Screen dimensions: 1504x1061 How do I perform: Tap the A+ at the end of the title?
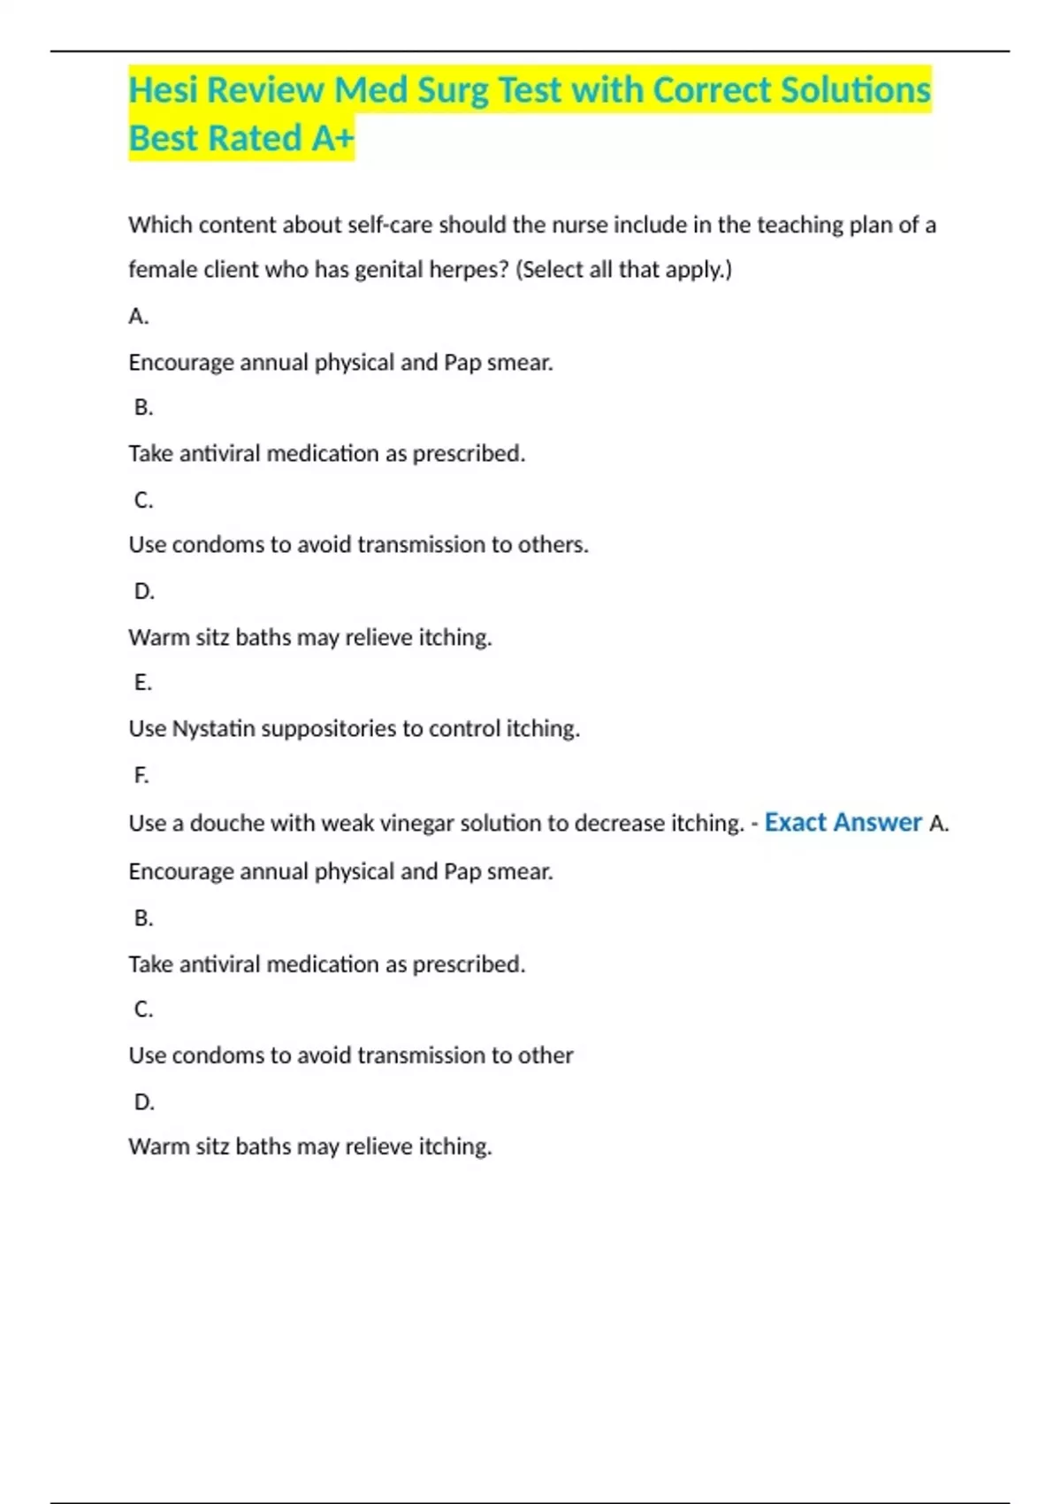pos(332,139)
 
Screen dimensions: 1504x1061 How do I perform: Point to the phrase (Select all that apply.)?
pos(624,270)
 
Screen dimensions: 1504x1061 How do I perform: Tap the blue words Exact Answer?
pos(843,823)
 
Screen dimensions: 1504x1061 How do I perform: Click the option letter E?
pos(142,683)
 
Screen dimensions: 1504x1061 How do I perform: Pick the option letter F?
pos(141,776)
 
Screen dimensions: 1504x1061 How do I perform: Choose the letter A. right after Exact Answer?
pos(939,824)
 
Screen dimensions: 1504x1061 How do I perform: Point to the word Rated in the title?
pos(256,139)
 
